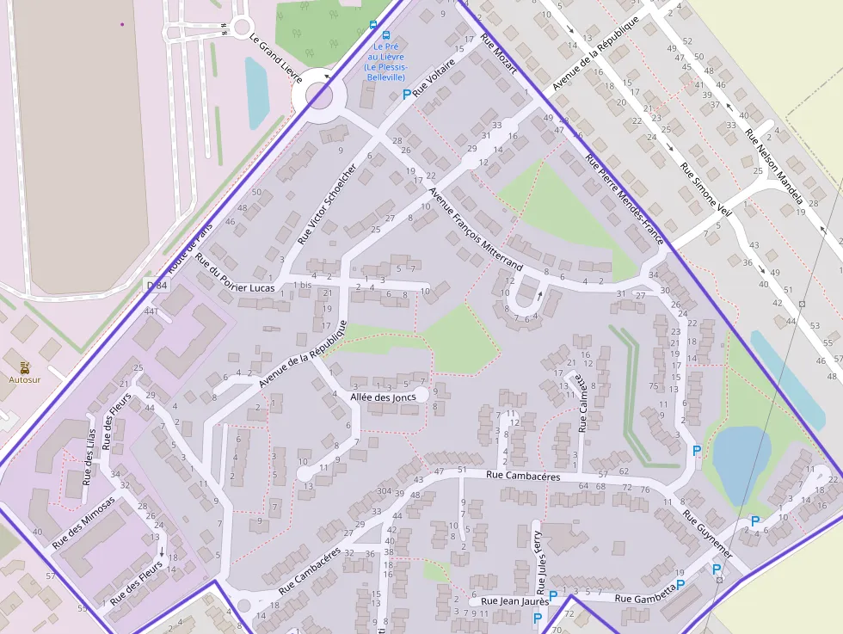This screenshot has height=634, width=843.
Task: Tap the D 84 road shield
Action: pos(156,285)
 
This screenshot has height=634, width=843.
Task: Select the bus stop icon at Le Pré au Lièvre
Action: pos(372,25)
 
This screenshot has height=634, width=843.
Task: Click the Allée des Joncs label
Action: pos(383,397)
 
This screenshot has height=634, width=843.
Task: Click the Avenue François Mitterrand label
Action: pos(475,230)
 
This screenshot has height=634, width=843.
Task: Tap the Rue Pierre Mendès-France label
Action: pos(624,199)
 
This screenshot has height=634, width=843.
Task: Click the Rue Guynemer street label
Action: pos(708,533)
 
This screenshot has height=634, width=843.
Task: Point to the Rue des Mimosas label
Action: pos(83,523)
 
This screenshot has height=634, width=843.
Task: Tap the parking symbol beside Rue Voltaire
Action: pos(406,94)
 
